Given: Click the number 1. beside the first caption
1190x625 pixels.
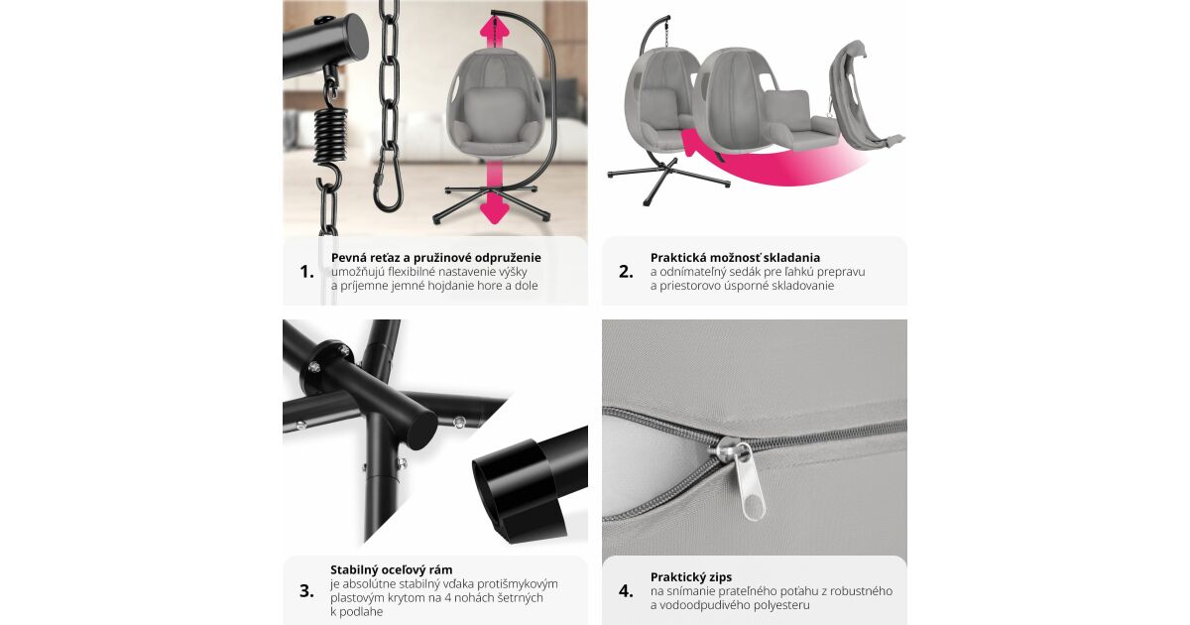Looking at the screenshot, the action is pyautogui.click(x=306, y=272).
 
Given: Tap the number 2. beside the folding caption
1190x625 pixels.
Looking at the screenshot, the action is pyautogui.click(x=626, y=272).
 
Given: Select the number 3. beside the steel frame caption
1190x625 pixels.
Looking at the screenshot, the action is pyautogui.click(x=306, y=590).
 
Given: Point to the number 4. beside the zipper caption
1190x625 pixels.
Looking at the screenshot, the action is pyautogui.click(x=626, y=591).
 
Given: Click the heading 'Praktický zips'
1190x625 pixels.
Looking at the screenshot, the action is pyautogui.click(x=690, y=577).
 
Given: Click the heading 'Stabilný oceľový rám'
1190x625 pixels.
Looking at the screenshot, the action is pyautogui.click(x=392, y=569).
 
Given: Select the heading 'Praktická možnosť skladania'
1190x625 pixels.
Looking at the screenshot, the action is pyautogui.click(x=735, y=258).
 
